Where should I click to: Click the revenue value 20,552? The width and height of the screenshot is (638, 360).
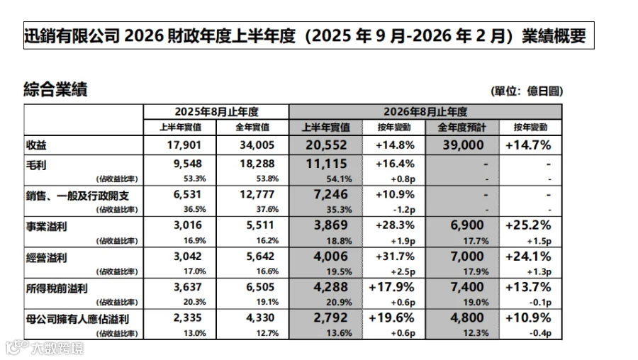(326, 145)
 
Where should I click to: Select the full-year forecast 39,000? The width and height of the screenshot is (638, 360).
(463, 145)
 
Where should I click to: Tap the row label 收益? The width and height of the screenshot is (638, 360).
(36, 145)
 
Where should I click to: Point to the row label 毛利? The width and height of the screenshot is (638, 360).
(36, 165)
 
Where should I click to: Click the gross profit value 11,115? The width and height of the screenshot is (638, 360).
(326, 164)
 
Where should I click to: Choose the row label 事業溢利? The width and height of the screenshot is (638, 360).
(46, 227)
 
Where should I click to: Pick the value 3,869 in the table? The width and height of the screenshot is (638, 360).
(331, 225)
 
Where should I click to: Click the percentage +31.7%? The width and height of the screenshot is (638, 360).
(395, 257)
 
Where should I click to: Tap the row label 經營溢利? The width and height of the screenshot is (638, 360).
(46, 258)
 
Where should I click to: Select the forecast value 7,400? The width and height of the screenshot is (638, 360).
(467, 287)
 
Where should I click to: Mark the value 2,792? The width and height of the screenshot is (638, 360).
(331, 317)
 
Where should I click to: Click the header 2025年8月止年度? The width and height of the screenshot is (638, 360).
(216, 112)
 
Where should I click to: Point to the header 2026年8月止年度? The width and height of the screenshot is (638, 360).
(425, 112)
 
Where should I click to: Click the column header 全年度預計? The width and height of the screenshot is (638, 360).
(461, 128)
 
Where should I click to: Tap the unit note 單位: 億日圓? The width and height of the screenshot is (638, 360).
(527, 91)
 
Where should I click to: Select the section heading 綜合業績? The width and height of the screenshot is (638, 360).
(55, 89)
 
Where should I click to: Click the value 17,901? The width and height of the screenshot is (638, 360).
(184, 145)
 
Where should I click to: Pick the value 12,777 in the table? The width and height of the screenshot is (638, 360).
(257, 194)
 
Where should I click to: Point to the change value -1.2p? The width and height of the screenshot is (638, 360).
(403, 210)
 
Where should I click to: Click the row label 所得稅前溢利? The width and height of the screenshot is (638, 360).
(57, 289)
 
